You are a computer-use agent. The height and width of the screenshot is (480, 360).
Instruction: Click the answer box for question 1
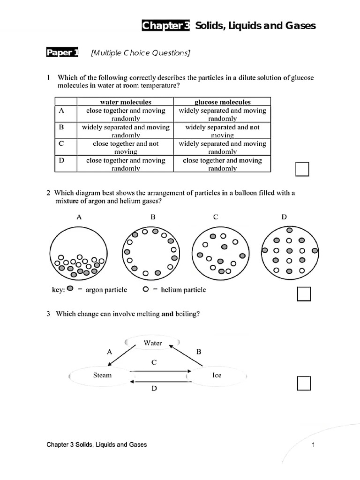click(302, 169)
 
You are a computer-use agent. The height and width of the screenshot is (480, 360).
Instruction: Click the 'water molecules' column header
click(126, 102)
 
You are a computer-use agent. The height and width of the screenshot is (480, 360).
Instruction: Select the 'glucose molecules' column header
click(222, 102)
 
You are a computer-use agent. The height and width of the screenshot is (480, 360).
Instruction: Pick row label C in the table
click(62, 144)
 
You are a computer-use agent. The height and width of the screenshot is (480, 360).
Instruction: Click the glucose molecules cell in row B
click(222, 131)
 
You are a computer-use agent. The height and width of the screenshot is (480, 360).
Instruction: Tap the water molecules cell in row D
click(126, 164)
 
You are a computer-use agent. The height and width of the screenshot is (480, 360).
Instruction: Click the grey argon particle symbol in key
click(70, 289)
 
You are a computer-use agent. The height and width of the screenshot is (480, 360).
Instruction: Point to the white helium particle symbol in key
click(146, 289)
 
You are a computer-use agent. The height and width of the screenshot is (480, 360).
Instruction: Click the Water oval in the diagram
click(153, 343)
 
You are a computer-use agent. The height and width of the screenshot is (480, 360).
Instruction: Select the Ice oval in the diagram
click(217, 375)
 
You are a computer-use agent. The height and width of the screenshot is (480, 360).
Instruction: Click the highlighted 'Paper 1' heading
click(62, 53)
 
